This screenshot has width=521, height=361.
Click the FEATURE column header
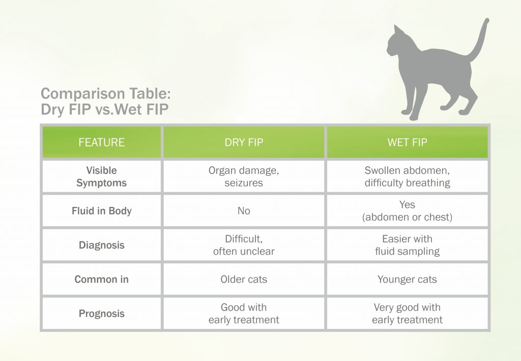(x=102, y=142)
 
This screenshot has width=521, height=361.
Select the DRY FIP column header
(x=244, y=142)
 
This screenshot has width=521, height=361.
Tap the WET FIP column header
(x=408, y=142)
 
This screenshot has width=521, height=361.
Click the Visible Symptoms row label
(x=102, y=176)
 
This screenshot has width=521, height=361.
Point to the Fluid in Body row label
(x=102, y=210)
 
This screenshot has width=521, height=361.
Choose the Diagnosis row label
(x=102, y=245)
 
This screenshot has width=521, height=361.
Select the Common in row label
(x=102, y=279)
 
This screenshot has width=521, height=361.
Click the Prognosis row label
(x=102, y=314)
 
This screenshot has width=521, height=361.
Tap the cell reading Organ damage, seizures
(x=244, y=176)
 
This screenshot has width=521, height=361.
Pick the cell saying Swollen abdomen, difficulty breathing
(x=408, y=176)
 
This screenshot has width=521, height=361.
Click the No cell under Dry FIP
(x=244, y=210)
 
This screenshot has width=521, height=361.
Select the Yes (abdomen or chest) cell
(x=408, y=210)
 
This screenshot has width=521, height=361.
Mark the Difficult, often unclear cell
(x=244, y=245)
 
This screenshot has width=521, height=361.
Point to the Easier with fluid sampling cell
(x=408, y=245)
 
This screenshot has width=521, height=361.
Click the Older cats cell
(x=244, y=279)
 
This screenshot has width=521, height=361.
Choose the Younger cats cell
(x=408, y=279)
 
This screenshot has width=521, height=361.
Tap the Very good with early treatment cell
(x=408, y=314)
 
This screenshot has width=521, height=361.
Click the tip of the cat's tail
(x=487, y=20)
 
